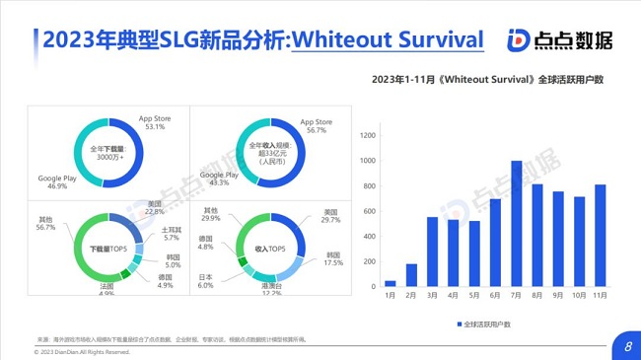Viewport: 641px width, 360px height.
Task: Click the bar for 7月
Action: pos(516,224)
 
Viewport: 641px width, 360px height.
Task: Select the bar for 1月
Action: pos(390,283)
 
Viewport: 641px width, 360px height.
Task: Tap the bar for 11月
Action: pos(600,236)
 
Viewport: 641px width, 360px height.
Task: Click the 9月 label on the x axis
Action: pos(558,295)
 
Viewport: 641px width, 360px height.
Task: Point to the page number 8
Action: pos(628,345)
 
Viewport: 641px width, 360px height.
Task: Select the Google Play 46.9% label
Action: pos(58,181)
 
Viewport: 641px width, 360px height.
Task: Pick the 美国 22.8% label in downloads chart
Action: pos(155,207)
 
